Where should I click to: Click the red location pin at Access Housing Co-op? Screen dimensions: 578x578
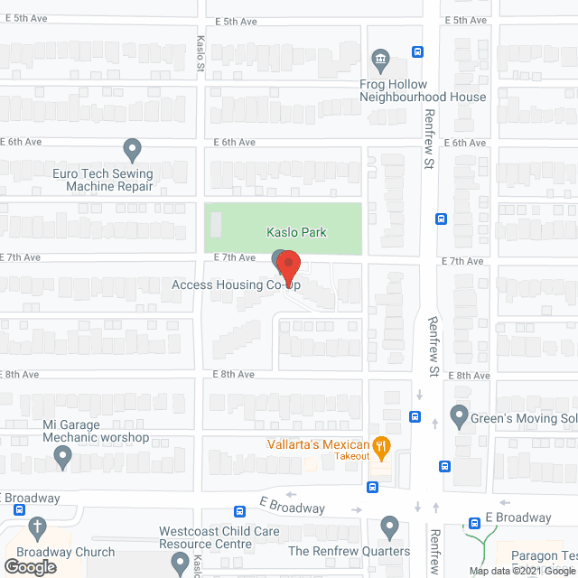(x=288, y=267)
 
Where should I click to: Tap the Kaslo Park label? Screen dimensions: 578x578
(x=296, y=232)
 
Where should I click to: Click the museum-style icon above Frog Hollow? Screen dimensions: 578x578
(x=380, y=62)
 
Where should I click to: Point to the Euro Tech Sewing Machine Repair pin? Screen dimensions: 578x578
(x=133, y=148)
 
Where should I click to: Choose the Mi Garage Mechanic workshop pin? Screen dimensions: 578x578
(x=63, y=459)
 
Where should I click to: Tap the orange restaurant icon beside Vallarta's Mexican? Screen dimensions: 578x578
(x=383, y=444)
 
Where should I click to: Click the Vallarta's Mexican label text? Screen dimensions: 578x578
(x=317, y=444)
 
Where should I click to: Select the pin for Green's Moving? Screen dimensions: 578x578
(x=460, y=417)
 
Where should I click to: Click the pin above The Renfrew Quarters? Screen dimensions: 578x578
(x=390, y=525)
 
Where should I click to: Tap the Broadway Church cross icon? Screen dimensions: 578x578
(x=38, y=526)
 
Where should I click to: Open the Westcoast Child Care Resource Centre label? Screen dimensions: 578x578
(x=219, y=538)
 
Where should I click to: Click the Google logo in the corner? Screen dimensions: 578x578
(x=29, y=567)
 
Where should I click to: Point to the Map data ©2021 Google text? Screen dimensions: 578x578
(x=521, y=571)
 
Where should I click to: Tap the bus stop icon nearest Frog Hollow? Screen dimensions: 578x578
(x=417, y=52)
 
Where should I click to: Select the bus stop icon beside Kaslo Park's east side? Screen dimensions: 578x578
(x=442, y=218)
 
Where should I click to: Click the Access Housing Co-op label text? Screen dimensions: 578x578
(x=236, y=285)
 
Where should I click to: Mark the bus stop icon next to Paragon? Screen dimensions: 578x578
(x=474, y=523)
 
